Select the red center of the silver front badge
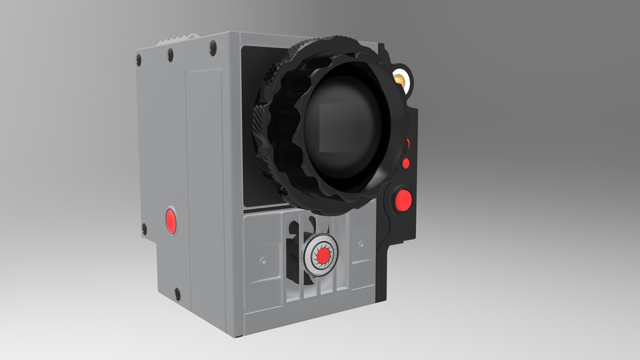pyautogui.click(x=323, y=255)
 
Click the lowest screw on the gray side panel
pyautogui.click(x=177, y=292)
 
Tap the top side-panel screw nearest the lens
pyautogui.click(x=213, y=47)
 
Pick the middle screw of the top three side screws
pyautogui.click(x=171, y=53)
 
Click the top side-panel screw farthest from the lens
pyautogui.click(x=139, y=59)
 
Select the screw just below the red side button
pyautogui.click(x=144, y=229)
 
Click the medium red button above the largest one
pyautogui.click(x=405, y=163)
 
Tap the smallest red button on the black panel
pyautogui.click(x=408, y=143)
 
